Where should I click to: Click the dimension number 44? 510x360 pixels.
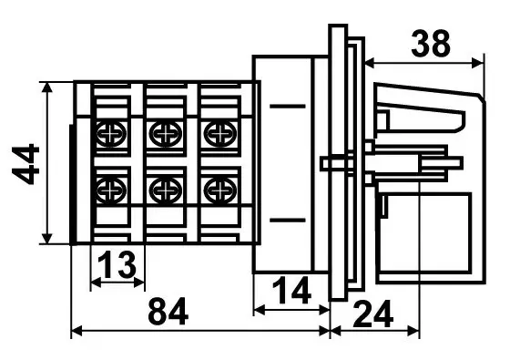coord(25,164)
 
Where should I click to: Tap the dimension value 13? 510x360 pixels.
coord(117,264)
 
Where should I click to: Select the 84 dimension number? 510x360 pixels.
coord(168,311)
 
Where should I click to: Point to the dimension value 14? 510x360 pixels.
coord(291,291)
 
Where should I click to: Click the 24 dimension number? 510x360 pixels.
coord(373,314)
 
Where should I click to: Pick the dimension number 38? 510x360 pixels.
coord(431,44)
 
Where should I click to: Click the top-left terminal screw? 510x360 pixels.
coord(111,134)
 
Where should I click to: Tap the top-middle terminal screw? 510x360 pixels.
coord(166,134)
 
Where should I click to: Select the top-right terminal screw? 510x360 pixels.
coord(220,134)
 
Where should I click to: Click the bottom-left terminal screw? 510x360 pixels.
coord(111,190)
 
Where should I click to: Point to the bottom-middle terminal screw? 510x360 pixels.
coord(166,190)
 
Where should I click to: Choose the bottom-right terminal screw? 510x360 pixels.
coord(220,190)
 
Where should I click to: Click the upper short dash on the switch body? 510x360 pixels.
coord(288,106)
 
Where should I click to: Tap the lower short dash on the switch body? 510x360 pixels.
coord(288,221)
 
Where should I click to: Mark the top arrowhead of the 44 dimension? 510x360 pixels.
coord(47,87)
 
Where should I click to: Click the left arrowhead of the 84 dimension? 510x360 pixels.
coord(76,331)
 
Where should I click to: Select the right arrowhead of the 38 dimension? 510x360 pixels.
coord(477,63)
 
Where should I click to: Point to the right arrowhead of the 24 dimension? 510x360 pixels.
coord(413,331)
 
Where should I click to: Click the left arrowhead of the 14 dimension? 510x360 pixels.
coord(260,310)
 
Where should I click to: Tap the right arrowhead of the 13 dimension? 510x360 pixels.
coord(138,283)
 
